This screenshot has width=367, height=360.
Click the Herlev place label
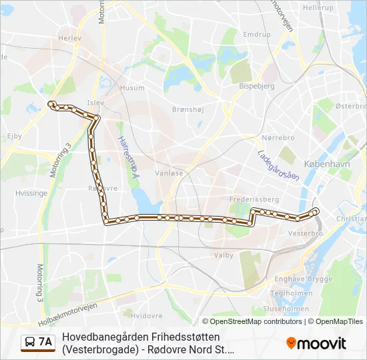(69, 57)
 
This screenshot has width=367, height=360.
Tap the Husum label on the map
(131, 87)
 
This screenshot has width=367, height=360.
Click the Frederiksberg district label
(254, 199)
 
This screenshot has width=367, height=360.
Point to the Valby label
(223, 255)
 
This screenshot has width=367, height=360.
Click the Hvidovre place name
(147, 315)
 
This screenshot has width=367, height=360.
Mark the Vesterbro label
(306, 234)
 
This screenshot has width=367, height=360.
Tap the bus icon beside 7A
(30, 343)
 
